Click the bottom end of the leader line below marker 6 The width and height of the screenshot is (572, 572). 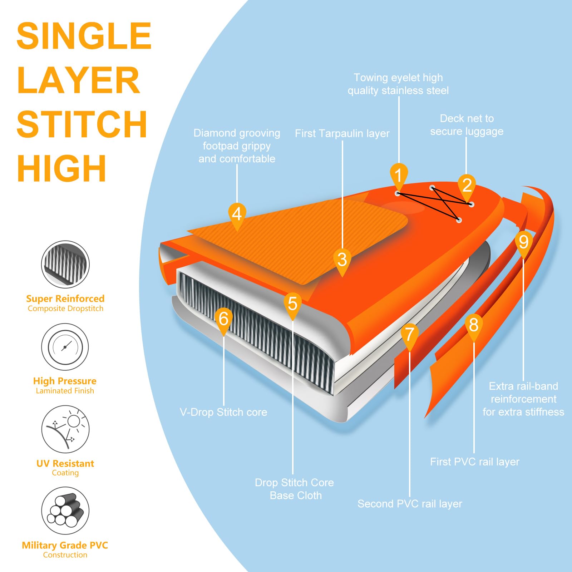224,405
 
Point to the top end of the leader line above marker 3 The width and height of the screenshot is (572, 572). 342,141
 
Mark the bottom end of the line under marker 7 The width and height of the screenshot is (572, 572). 410,497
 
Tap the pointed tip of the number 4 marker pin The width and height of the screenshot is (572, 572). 237,231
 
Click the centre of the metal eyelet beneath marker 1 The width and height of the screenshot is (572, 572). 398,193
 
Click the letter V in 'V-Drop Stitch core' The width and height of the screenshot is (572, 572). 183,412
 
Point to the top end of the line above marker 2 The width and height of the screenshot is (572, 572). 466,138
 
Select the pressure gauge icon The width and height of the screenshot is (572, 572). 65,347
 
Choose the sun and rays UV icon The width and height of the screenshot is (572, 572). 65,429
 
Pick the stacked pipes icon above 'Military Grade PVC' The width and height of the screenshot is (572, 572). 65,511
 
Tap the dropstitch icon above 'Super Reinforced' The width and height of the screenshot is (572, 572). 65,265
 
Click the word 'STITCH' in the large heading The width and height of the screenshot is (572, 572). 82,124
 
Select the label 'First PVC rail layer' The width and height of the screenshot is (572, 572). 474,462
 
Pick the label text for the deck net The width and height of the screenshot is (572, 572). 467,125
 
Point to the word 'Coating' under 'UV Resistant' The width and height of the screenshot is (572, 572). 65,473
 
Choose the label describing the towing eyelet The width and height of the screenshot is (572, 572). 398,84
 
